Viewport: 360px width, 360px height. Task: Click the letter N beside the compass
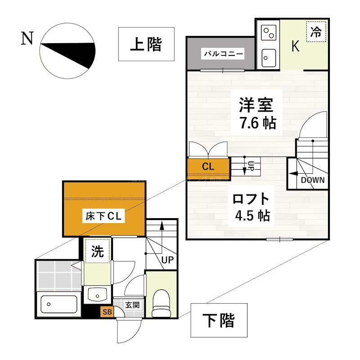(27, 39)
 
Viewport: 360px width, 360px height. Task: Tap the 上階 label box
(146, 44)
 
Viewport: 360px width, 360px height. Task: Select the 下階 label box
(219, 320)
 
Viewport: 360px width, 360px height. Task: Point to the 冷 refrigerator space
(316, 32)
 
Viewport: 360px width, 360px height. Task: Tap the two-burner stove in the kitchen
(268, 32)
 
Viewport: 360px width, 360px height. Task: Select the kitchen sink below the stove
(269, 58)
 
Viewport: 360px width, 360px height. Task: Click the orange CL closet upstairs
(207, 166)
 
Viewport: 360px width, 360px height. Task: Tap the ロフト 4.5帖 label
(252, 207)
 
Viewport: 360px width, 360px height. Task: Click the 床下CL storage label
(104, 216)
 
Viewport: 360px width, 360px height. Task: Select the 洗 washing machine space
(97, 252)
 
